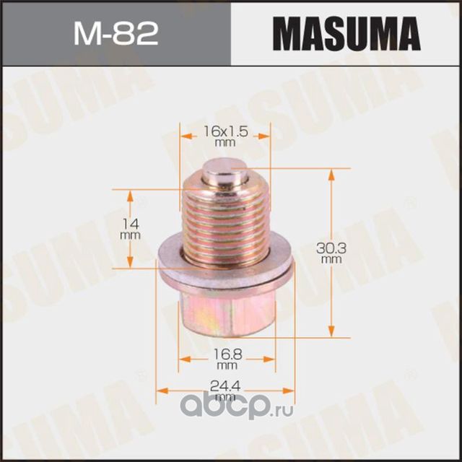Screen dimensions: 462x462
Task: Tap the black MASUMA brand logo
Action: pyautogui.click(x=346, y=34)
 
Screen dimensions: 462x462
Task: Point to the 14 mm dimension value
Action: pyautogui.click(x=129, y=218)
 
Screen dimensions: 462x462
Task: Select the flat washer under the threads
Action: pyautogui.click(x=226, y=272)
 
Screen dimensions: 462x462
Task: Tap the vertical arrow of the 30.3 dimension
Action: pyautogui.click(x=331, y=289)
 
